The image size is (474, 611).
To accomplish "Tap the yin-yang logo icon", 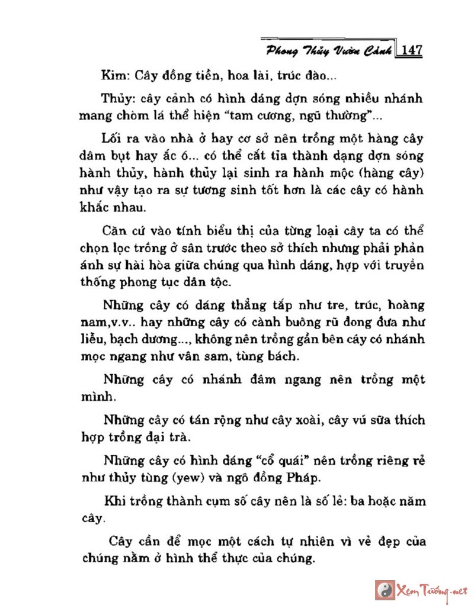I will [385, 590].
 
